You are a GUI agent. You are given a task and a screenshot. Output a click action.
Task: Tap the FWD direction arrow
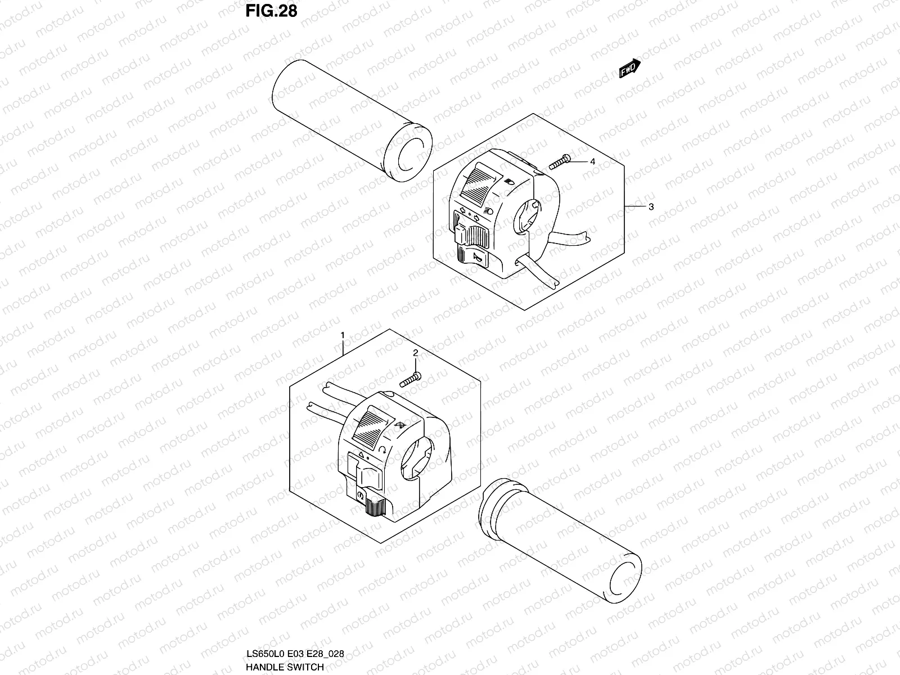point(629,69)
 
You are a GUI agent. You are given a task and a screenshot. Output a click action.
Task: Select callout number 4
point(592,161)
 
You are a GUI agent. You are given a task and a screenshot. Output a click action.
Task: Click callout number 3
point(651,206)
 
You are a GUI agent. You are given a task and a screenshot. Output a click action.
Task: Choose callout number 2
point(415,353)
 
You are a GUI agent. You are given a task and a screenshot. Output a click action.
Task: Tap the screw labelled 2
point(410,380)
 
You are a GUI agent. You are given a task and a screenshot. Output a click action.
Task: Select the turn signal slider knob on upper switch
point(460,233)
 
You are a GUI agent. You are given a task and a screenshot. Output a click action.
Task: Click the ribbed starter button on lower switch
point(373,506)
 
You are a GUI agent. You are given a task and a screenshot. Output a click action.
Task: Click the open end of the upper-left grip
point(409,155)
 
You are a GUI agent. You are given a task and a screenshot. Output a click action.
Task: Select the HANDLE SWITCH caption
point(285,667)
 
